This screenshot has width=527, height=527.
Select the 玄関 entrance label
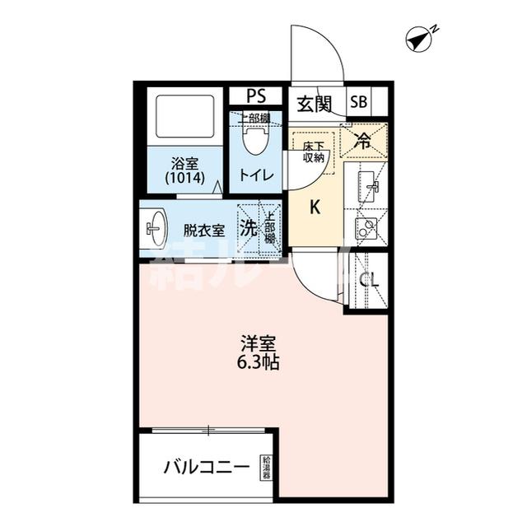click(314, 104)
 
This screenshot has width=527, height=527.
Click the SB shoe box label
click(359, 103)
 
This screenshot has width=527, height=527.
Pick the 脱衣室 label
click(203, 230)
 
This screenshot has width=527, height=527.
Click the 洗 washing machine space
click(248, 229)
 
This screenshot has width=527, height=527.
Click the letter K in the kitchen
click(314, 208)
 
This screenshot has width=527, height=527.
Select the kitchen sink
click(365, 186)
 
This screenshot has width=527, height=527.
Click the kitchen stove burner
click(365, 227)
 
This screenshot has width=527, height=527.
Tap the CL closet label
click(368, 280)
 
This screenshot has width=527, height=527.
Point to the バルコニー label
click(206, 468)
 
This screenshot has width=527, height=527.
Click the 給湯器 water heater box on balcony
click(266, 468)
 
